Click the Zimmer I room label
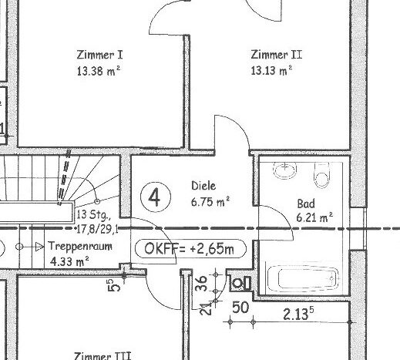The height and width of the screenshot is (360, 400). pos(99,55)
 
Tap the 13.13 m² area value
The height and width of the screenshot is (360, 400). pos(271,70)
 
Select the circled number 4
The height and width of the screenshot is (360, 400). pos(156,197)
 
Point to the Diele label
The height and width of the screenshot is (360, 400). pos(203,186)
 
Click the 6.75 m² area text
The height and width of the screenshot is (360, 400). pos(210,201)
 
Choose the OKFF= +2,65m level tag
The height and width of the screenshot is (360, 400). pos(190,249)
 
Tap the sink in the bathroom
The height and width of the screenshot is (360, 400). pos(284,170)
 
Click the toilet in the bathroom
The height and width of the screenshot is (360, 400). pos(321,175)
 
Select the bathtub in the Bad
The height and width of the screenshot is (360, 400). pos(303,278)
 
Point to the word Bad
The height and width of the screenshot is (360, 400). pos(306,204)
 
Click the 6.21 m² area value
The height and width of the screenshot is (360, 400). pos(314,217)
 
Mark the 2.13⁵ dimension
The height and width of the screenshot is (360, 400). pos(298,314)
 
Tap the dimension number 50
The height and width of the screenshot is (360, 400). pos(240,308)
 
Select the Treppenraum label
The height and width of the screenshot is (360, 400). pos(80,246)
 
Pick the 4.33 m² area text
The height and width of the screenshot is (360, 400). pos(69,261)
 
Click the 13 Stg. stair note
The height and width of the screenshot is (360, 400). pos(93,214)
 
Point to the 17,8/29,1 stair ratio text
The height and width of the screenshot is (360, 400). pos(97,229)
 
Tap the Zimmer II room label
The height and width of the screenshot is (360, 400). pos(276,55)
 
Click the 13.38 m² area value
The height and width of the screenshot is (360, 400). pos(99,71)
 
